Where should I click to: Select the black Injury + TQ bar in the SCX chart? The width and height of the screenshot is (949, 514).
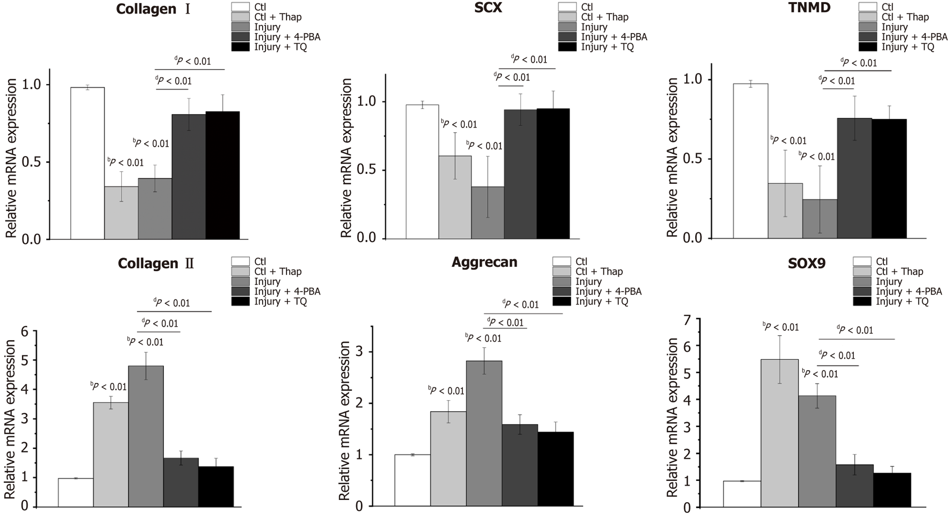click(x=553, y=173)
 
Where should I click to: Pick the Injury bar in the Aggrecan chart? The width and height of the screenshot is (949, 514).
click(x=484, y=433)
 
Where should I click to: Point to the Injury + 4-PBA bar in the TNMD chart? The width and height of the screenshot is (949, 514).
click(x=854, y=178)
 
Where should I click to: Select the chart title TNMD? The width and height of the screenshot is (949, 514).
click(x=809, y=8)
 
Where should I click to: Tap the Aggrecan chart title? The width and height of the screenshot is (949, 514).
click(x=485, y=262)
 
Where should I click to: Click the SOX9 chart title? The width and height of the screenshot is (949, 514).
click(x=806, y=263)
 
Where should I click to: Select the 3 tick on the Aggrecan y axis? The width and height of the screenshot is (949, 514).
click(x=359, y=351)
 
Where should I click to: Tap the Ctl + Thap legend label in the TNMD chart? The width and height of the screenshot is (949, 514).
click(x=905, y=17)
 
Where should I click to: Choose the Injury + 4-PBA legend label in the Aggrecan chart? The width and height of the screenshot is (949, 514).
click(x=608, y=291)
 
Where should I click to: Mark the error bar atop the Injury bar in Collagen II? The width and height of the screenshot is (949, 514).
click(x=146, y=366)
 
